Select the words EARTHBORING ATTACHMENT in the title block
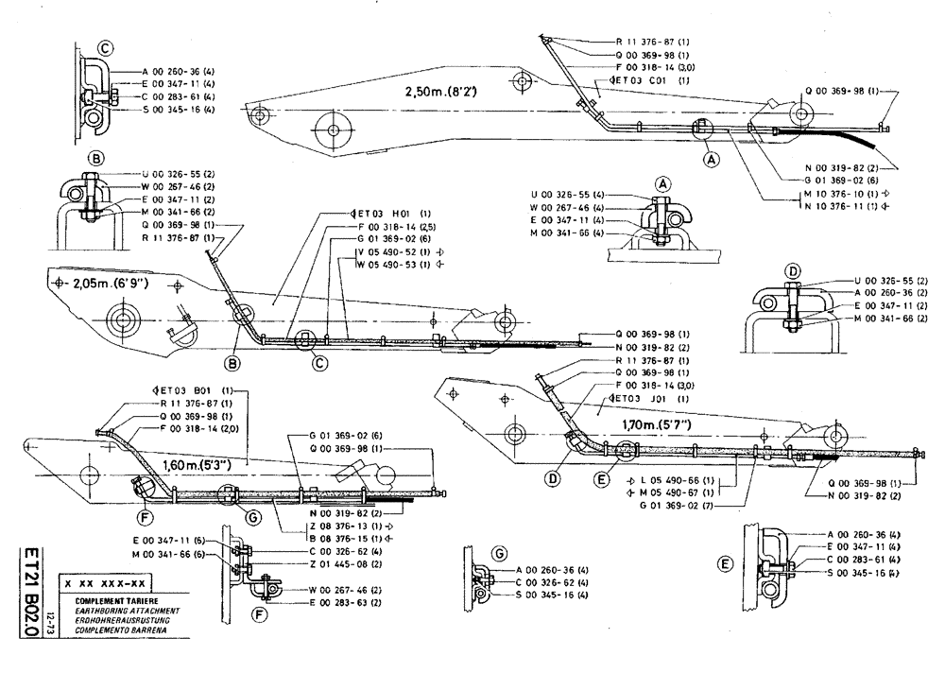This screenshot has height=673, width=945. click(105, 612)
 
